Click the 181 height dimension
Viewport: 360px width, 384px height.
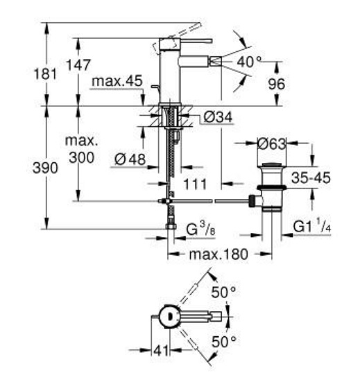45,73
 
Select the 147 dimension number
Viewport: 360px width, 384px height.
78,65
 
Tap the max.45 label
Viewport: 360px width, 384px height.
117,81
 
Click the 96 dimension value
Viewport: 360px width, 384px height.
277,84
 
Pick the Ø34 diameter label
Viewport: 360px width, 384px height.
218,117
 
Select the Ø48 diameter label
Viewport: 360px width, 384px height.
130,159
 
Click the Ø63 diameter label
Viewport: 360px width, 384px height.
272,143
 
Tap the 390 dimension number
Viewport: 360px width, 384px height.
45,168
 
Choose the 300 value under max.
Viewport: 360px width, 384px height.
82,157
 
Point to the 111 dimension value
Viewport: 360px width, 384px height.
195,184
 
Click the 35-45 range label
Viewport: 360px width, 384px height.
311,177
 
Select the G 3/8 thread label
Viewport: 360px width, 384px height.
200,229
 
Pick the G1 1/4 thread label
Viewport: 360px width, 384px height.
312,226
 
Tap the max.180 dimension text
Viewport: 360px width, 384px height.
218,254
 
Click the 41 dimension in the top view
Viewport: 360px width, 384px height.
161,351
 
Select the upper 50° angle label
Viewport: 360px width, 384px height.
223,292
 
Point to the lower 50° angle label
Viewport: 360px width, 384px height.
224,342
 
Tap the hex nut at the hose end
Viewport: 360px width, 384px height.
171,226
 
